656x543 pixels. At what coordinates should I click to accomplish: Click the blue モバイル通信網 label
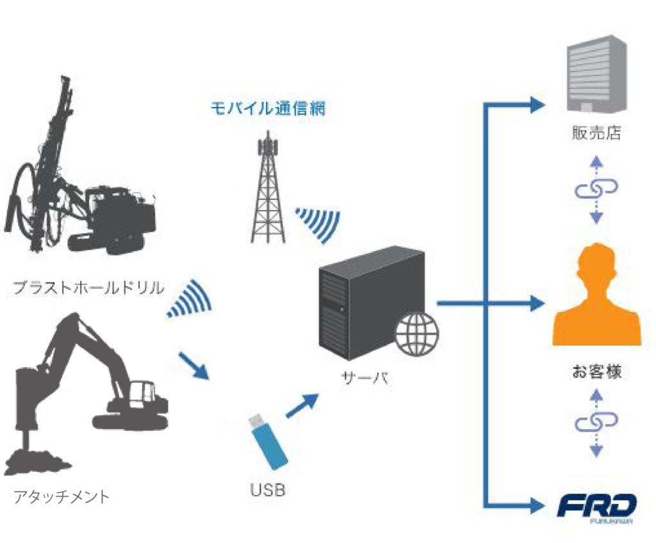(x=268, y=108)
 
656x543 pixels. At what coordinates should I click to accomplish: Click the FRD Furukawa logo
(x=596, y=508)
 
